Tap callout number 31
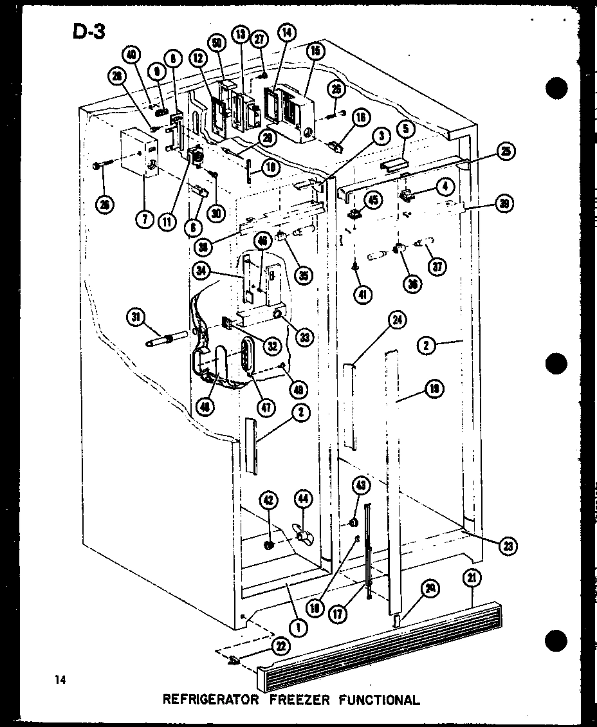click(136, 317)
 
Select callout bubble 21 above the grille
click(472, 578)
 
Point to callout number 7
click(145, 219)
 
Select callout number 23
click(508, 546)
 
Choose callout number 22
click(280, 646)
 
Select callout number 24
click(398, 320)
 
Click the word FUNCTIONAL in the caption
click(379, 700)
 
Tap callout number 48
click(207, 407)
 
